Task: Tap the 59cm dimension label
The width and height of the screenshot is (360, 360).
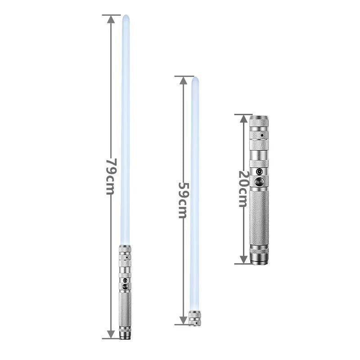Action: click(x=183, y=200)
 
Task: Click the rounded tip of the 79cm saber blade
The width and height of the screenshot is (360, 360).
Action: click(x=126, y=18)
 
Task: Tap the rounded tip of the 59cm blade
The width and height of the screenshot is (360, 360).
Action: click(x=195, y=80)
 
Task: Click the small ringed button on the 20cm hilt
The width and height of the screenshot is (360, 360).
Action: click(x=259, y=172)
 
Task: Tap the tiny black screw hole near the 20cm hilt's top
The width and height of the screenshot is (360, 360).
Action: click(x=261, y=135)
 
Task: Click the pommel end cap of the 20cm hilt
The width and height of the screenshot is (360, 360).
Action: click(x=260, y=260)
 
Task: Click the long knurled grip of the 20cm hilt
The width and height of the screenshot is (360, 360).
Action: click(x=259, y=216)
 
